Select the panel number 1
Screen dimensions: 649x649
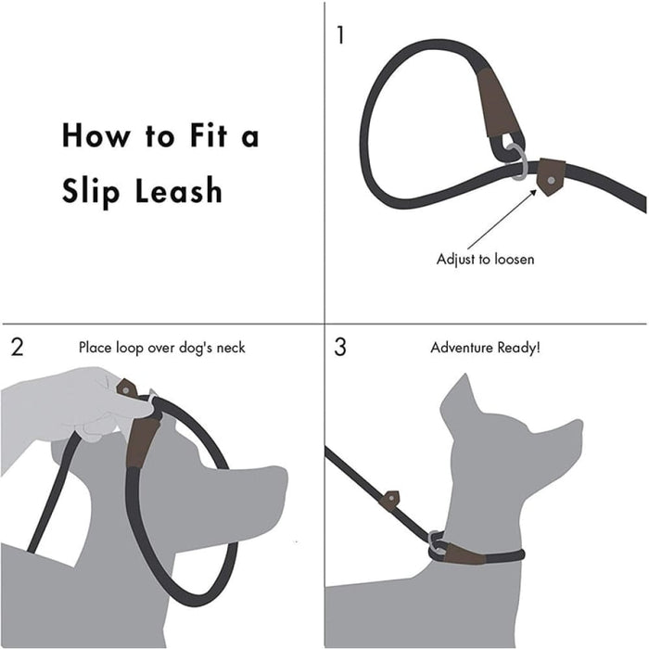coord(340,35)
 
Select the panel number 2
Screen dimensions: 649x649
coord(18,348)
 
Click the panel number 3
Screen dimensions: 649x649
coord(340,348)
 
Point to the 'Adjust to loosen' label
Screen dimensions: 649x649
coord(485,259)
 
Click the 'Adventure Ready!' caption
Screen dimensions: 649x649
coord(485,348)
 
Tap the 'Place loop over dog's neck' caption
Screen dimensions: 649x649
coord(162,348)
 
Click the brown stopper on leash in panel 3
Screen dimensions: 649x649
coord(391,498)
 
